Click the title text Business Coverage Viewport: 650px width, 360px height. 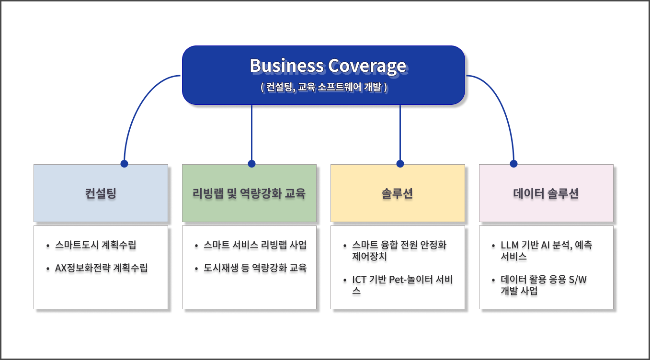[328, 66]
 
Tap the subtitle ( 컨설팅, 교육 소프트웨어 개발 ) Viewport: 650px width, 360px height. [324, 88]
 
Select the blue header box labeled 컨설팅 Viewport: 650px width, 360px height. [101, 193]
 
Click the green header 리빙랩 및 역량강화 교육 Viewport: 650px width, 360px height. [249, 193]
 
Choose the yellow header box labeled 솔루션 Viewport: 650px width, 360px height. [398, 193]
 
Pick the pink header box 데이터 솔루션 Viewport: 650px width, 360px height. [546, 193]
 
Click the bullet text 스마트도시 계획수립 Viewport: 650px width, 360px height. [96, 245]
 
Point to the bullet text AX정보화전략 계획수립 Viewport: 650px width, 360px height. [102, 268]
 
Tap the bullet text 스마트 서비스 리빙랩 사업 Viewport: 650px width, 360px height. [255, 245]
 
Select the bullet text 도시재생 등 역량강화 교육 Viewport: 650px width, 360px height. [255, 268]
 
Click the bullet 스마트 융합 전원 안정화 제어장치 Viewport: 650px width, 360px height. [399, 250]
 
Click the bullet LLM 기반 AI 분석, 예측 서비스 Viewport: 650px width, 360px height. [546, 250]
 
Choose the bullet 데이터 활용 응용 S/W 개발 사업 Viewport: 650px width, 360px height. [543, 285]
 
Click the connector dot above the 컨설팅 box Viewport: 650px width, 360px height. [125, 163]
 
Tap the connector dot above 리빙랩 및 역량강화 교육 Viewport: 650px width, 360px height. [252, 163]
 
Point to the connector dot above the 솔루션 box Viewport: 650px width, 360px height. [400, 163]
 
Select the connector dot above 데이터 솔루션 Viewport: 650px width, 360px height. [514, 163]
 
